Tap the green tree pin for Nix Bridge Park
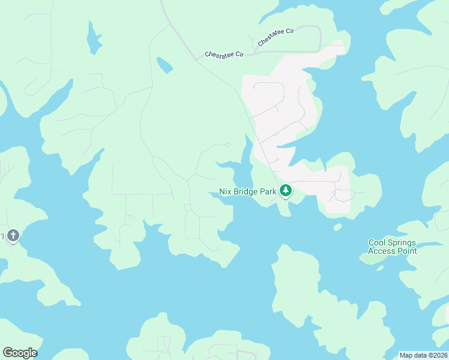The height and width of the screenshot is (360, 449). click(286, 191)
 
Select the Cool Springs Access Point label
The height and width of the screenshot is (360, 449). click(393, 247)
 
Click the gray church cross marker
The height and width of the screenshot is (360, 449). click(14, 236)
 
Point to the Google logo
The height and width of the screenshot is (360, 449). click(20, 353)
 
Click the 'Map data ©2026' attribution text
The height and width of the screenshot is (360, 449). click(423, 355)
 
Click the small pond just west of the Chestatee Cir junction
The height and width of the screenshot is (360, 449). click(164, 64)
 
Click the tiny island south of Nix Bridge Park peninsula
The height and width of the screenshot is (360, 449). click(338, 227)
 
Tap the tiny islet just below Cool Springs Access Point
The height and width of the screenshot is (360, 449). click(380, 268)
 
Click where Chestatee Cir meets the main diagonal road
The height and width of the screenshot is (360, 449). click(197, 60)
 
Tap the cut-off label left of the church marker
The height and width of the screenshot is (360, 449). click(2, 236)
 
